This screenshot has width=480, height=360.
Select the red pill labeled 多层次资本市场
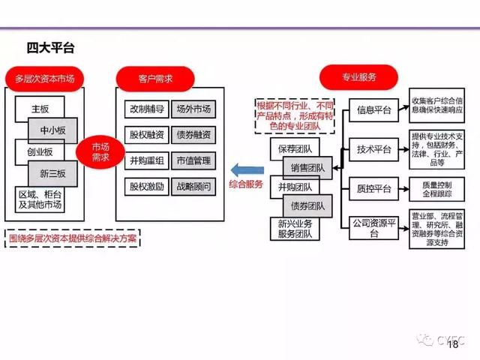pyautogui.click(x=45, y=78)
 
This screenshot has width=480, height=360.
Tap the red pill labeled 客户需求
pyautogui.click(x=155, y=78)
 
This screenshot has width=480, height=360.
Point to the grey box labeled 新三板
pyautogui.click(x=52, y=174)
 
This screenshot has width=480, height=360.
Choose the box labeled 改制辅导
pyautogui.click(x=146, y=109)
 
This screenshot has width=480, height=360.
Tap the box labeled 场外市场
pyautogui.click(x=193, y=109)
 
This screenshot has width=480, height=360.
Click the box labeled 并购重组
pyautogui.click(x=146, y=160)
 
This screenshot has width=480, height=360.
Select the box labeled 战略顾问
pyautogui.click(x=193, y=185)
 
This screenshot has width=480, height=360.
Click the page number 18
pyautogui.click(x=452, y=345)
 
